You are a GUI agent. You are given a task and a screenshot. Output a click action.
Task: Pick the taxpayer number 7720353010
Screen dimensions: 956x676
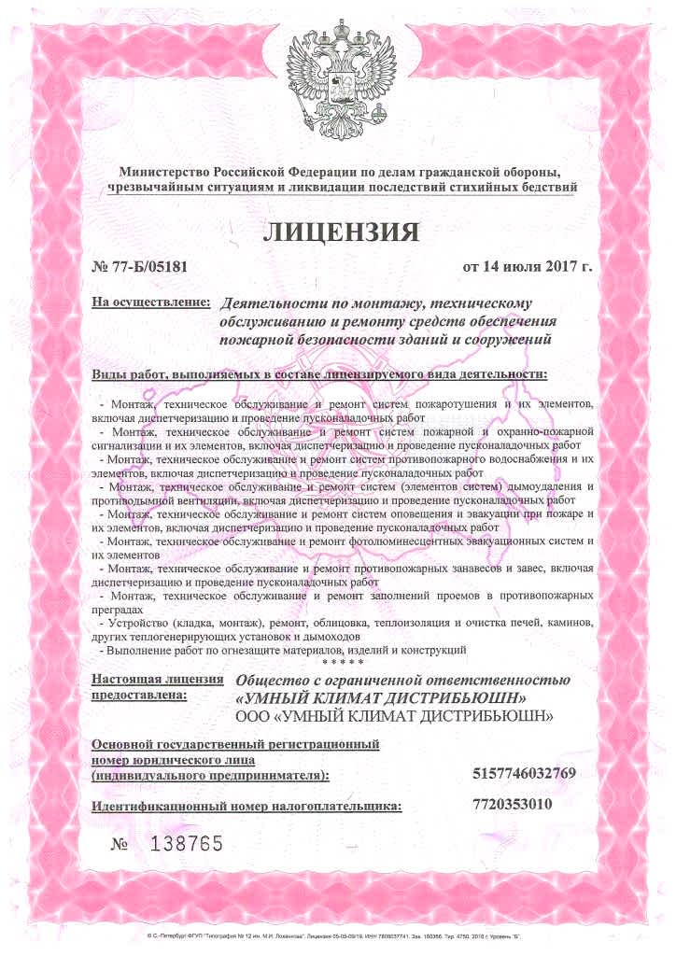[x=513, y=804]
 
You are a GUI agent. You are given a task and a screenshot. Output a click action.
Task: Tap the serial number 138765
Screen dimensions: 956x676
[x=187, y=844]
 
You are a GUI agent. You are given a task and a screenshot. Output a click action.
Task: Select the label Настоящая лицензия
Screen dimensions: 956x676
[x=157, y=678]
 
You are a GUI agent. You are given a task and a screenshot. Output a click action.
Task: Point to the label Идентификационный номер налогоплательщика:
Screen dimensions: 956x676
[x=246, y=805]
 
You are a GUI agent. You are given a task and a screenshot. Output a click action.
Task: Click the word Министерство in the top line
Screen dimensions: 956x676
[x=166, y=172]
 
